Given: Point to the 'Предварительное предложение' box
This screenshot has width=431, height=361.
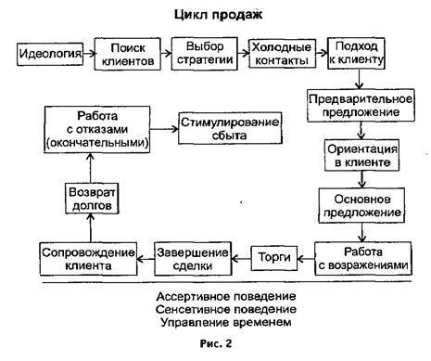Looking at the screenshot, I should click(357, 105).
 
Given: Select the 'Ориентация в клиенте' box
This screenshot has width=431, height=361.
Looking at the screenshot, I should click(357, 155).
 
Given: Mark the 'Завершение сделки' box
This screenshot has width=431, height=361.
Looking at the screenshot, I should click(194, 257).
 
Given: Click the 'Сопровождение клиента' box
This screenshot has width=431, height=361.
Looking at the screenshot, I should click(81, 257).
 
